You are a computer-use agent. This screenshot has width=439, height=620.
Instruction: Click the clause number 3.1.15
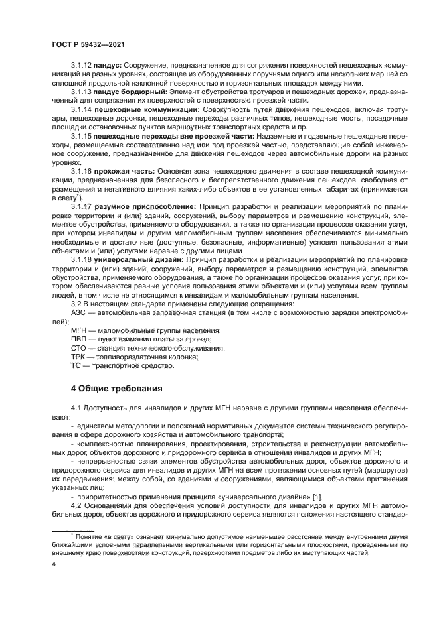81,136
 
